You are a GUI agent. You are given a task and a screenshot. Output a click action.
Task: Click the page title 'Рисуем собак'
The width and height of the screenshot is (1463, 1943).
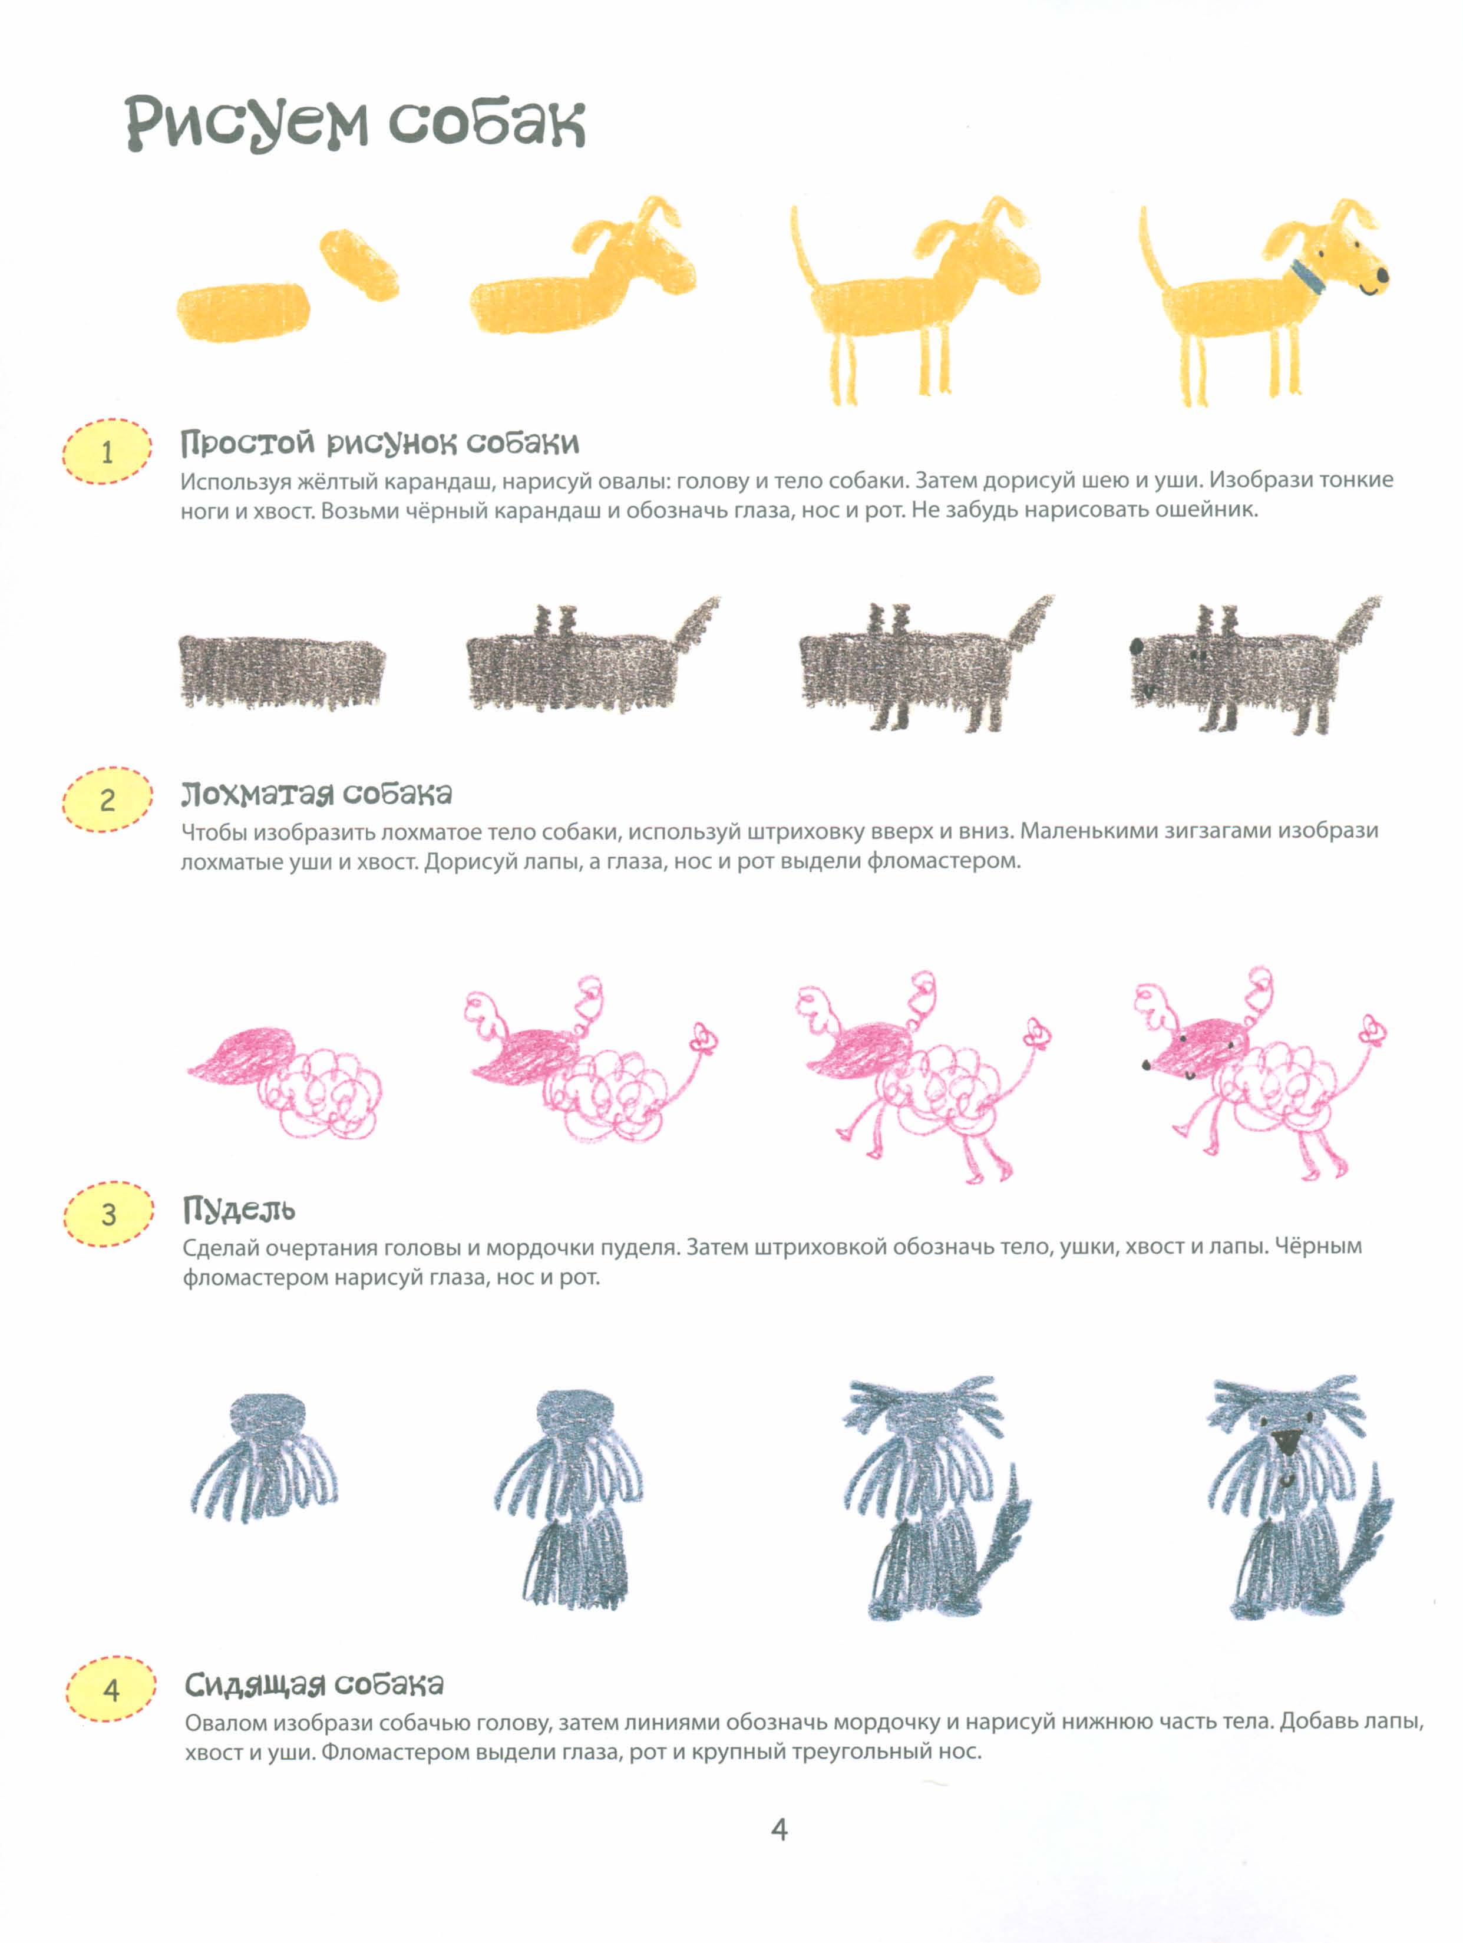355,123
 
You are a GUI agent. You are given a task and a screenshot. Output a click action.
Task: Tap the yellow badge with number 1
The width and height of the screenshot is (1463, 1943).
107,451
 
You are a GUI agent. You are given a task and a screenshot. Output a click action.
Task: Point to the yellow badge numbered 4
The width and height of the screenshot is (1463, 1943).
111,1689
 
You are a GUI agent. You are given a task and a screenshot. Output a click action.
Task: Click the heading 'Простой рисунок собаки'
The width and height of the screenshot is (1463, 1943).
379,442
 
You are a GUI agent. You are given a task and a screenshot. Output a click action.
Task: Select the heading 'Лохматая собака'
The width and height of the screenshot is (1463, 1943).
316,794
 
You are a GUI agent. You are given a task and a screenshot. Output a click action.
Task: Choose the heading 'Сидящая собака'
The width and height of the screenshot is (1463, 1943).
313,1684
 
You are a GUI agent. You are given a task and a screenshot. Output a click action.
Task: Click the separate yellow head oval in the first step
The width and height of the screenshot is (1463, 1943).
358,265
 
